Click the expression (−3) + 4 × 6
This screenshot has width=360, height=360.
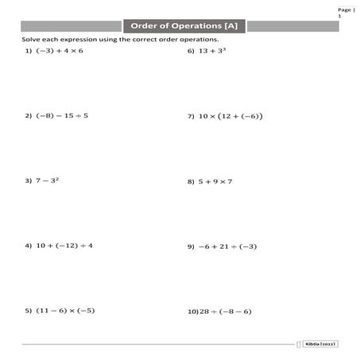pos(60,51)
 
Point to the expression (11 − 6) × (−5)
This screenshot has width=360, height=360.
pos(65,310)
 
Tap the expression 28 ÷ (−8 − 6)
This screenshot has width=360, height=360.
pos(225,310)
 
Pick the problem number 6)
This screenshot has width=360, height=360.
pos(191,51)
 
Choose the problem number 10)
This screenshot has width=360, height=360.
pos(192,310)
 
